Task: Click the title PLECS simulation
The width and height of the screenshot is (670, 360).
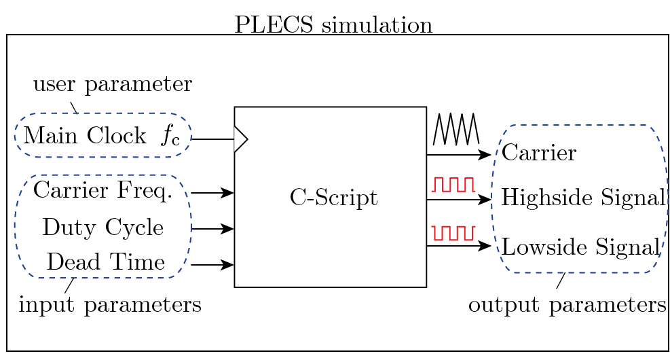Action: tap(333, 25)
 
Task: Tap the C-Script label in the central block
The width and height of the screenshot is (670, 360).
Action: tap(334, 198)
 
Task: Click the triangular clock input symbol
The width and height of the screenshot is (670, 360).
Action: tap(241, 139)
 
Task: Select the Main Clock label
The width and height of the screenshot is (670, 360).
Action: tap(85, 136)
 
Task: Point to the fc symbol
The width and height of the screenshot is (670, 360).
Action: tap(171, 137)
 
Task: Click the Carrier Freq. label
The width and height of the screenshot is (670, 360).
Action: tap(103, 190)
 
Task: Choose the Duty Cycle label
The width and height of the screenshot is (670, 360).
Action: tap(103, 227)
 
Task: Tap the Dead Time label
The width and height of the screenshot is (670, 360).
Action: tap(105, 262)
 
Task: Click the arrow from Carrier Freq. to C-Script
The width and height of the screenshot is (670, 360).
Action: tap(212, 193)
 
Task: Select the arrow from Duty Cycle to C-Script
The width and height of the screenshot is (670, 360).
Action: tap(212, 229)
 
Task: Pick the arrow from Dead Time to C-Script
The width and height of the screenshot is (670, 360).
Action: tap(212, 265)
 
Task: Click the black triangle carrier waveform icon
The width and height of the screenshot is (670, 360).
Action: tap(456, 128)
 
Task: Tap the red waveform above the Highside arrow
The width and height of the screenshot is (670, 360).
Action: tap(453, 184)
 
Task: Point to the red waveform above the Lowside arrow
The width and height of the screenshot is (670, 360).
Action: tap(453, 233)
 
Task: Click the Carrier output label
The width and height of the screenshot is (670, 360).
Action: tap(539, 153)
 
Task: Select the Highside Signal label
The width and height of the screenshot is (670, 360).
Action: tap(583, 197)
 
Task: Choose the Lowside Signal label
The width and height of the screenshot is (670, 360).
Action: tap(580, 247)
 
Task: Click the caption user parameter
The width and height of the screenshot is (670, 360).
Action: tap(113, 84)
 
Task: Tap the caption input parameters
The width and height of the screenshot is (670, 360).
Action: tap(110, 305)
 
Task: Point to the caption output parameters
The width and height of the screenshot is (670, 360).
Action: tap(567, 305)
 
